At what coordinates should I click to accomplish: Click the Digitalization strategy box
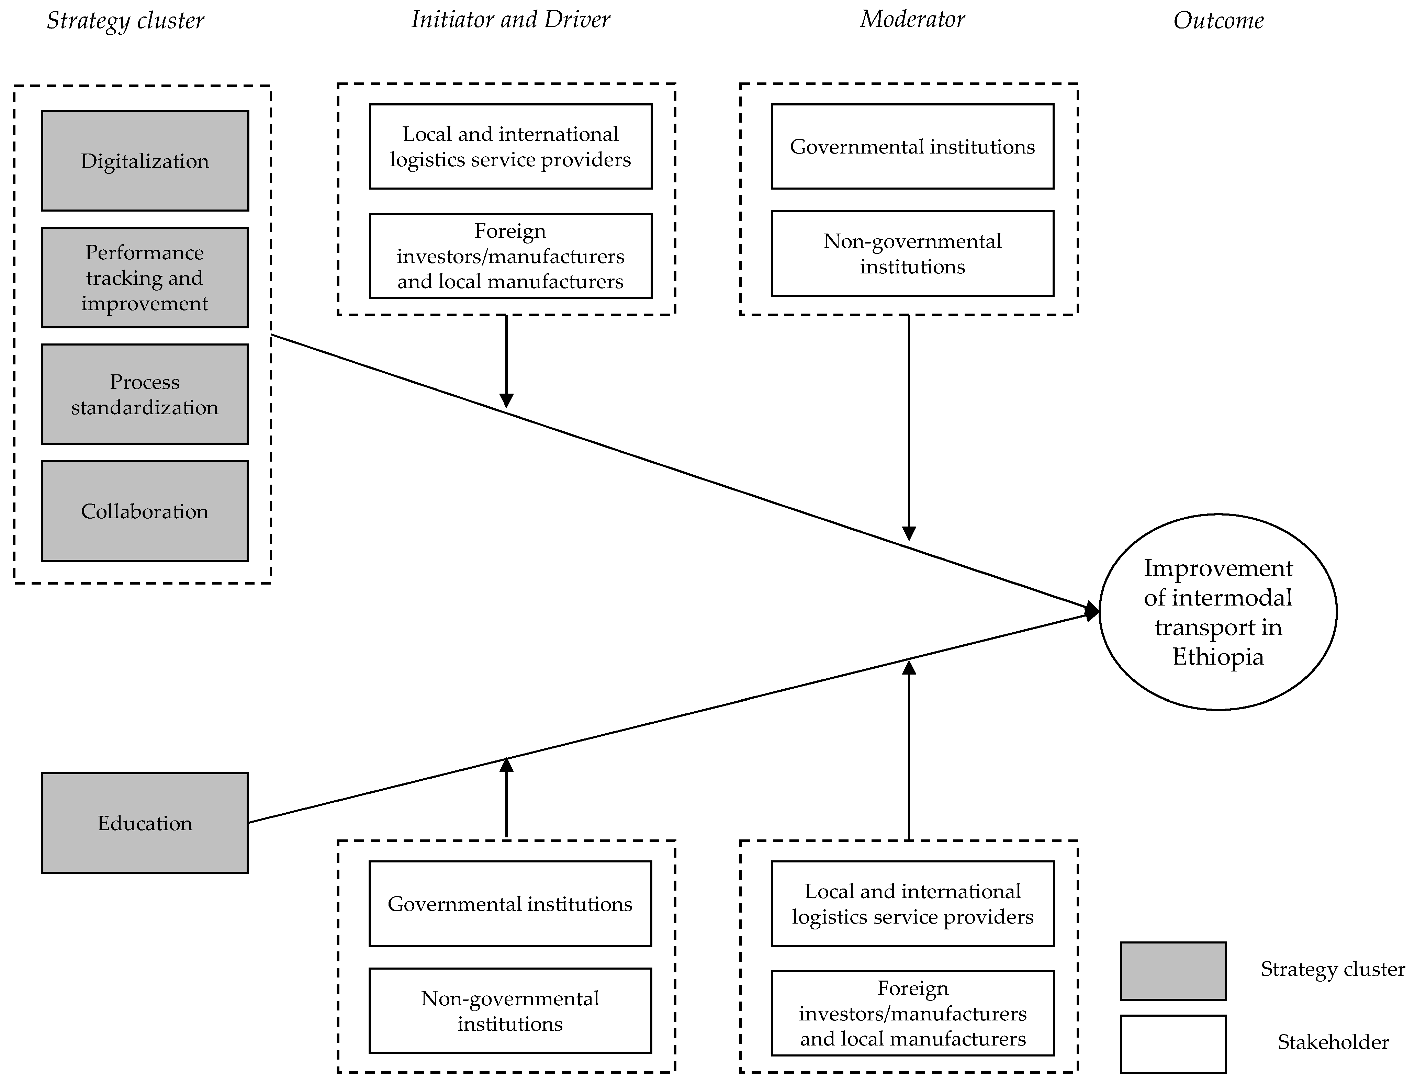click(145, 161)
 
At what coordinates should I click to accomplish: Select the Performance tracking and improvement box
click(145, 278)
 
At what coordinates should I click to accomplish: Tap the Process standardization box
click(145, 395)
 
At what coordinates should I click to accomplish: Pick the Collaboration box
click(145, 511)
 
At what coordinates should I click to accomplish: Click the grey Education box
click(145, 823)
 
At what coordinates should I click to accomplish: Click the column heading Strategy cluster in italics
click(125, 21)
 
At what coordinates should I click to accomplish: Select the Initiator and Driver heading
click(510, 19)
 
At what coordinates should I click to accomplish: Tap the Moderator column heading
click(912, 19)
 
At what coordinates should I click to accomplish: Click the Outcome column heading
click(1218, 21)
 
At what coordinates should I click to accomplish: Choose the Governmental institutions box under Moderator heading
click(912, 147)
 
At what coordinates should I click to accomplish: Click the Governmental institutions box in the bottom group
click(510, 904)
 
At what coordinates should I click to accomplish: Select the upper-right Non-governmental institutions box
click(912, 254)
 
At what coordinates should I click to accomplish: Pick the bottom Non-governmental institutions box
click(510, 1011)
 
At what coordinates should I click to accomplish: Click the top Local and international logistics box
click(510, 147)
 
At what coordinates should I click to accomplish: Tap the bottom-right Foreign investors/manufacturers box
click(912, 1013)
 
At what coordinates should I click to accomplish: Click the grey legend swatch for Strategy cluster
click(1173, 971)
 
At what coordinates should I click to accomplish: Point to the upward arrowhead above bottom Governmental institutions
click(506, 765)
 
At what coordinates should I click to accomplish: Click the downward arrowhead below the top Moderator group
click(909, 533)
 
